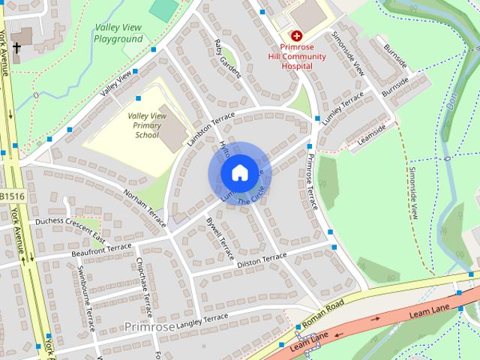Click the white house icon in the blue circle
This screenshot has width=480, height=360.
(x=239, y=173)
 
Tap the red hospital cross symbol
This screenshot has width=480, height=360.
(x=296, y=35)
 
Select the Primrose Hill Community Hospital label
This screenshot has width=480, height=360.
(x=298, y=56)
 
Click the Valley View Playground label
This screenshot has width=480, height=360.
(x=118, y=34)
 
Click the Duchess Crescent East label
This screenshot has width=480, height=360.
(x=67, y=229)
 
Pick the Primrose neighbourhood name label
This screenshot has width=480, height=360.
(x=150, y=327)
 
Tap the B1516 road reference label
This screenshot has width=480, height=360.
(x=11, y=196)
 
